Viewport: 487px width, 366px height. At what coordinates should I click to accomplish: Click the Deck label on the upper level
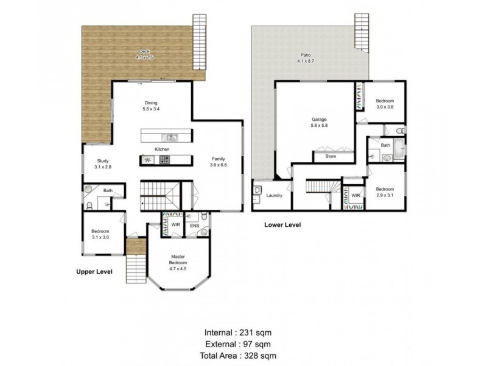[x=144, y=54]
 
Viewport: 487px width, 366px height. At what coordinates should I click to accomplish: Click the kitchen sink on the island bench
[x=172, y=137]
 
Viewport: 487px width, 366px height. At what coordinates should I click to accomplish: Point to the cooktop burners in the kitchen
[x=164, y=160]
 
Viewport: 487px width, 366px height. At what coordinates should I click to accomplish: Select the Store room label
[x=330, y=156]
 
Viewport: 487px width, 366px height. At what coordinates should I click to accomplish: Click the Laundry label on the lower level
[x=274, y=196]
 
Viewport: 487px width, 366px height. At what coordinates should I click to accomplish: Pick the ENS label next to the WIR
[x=195, y=226]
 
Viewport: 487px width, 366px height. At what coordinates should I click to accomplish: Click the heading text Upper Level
[x=94, y=272]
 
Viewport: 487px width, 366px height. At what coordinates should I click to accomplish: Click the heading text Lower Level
[x=282, y=225]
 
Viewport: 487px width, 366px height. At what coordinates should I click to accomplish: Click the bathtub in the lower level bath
[x=398, y=150]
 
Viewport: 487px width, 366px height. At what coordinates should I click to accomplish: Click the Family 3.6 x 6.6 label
[x=218, y=161]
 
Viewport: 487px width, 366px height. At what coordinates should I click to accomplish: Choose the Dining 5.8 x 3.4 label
[x=152, y=106]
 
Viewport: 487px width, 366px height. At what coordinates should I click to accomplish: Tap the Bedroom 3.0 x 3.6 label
[x=385, y=103]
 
